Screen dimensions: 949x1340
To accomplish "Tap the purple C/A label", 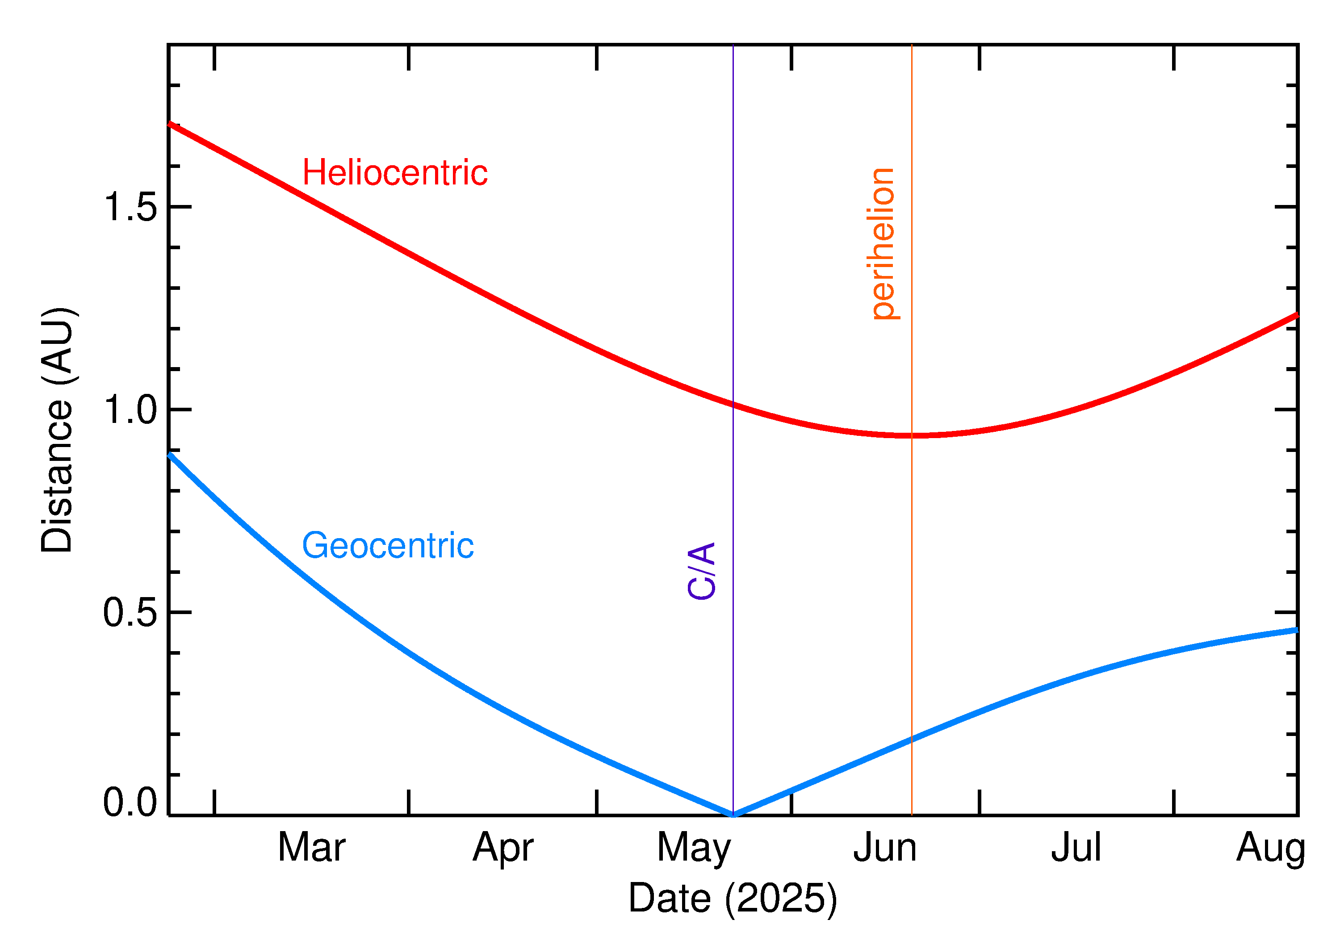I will pyautogui.click(x=702, y=571).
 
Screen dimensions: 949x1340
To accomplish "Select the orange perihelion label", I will pyautogui.click(x=883, y=244).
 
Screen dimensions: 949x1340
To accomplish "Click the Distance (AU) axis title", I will pyautogui.click(x=57, y=430).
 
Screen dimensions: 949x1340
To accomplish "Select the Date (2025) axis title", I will pyautogui.click(x=733, y=898).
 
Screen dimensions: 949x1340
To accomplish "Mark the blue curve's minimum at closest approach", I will pyautogui.click(x=733, y=815).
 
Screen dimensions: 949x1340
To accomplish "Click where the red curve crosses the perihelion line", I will pyautogui.click(x=912, y=435).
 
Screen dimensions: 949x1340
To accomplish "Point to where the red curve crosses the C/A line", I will pyautogui.click(x=733, y=404).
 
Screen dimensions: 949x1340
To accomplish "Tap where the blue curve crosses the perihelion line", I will pyautogui.click(x=912, y=739).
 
